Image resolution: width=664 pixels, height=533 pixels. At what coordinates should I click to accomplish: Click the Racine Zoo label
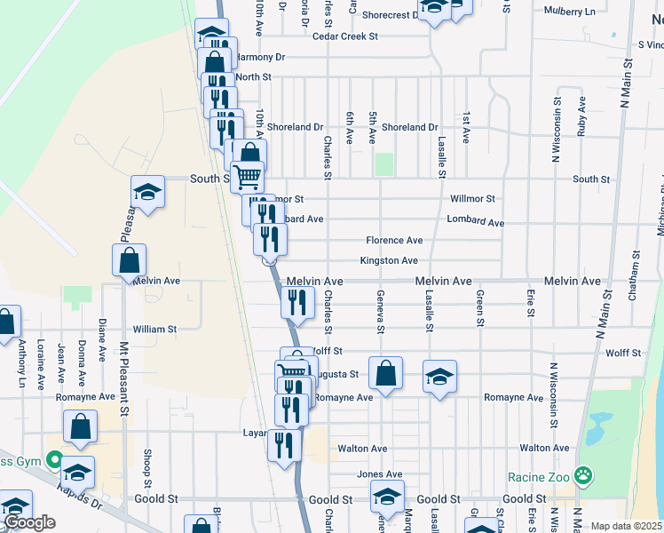coord(537,477)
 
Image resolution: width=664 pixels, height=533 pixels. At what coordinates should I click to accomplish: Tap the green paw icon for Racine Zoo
coord(582,477)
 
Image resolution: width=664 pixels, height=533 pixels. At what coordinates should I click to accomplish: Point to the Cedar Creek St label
coord(345,36)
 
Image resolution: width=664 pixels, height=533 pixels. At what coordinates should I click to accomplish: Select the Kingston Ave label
coord(388,261)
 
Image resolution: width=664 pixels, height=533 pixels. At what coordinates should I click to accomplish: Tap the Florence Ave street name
coord(394,241)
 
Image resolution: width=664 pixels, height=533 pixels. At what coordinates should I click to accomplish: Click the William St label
coord(155,329)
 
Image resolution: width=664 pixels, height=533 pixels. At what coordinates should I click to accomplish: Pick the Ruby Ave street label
coord(581,115)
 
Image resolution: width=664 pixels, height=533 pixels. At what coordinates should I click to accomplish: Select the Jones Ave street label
coord(379,474)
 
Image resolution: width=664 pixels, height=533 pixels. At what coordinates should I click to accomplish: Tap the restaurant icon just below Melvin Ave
coord(298,301)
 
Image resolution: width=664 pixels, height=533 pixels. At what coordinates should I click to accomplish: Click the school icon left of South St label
coord(147,191)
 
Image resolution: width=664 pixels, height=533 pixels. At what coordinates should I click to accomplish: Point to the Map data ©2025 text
coord(626,526)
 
